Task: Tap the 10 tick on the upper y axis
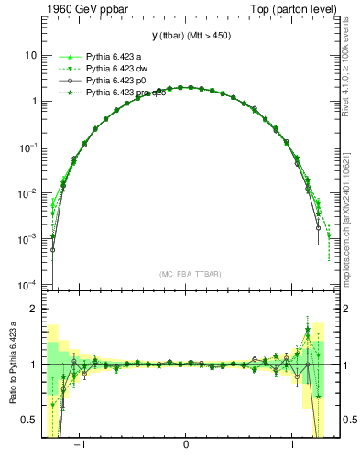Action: click(x=31, y=55)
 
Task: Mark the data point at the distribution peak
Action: click(x=186, y=87)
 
